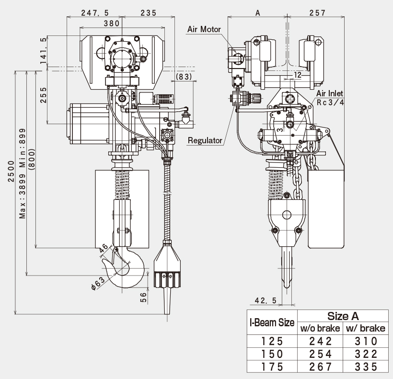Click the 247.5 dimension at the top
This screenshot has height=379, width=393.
(95, 13)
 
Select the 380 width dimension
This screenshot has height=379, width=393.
(112, 23)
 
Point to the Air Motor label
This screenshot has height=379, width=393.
(204, 29)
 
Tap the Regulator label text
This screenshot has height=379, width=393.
(205, 140)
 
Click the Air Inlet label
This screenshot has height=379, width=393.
(329, 93)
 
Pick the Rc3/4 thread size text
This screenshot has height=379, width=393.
(330, 102)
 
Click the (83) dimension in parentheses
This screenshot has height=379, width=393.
(184, 77)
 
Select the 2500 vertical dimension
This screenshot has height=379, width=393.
(12, 171)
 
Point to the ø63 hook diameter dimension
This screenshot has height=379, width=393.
(98, 283)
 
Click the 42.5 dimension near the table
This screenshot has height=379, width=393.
(266, 300)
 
